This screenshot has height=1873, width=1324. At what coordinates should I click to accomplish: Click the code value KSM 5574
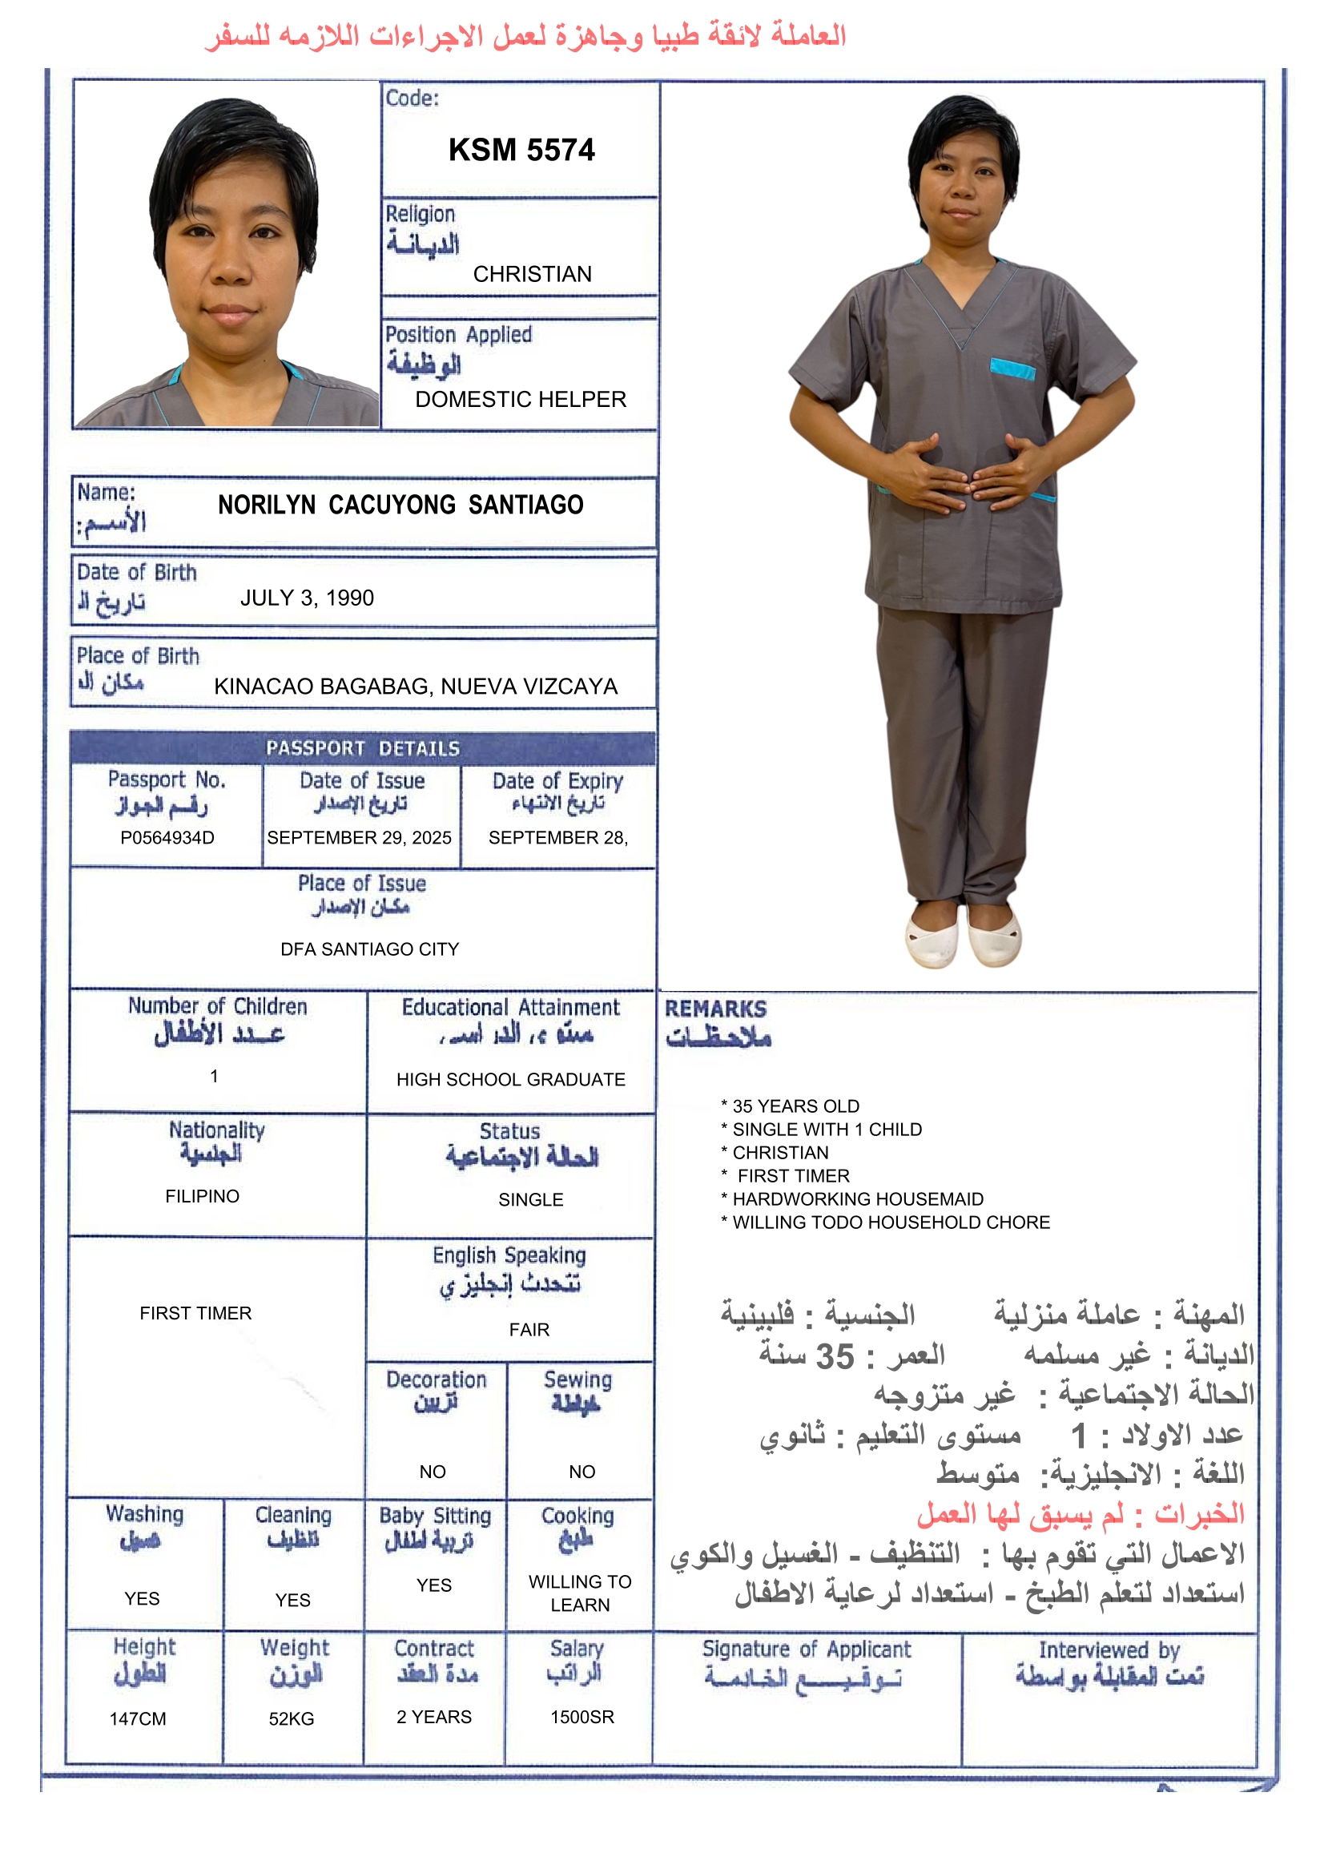(x=521, y=150)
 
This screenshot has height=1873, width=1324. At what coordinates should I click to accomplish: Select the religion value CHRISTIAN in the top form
(x=532, y=274)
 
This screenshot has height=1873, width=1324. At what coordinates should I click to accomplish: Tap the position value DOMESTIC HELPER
(x=521, y=399)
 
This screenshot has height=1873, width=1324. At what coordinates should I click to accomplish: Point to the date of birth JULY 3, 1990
(x=307, y=598)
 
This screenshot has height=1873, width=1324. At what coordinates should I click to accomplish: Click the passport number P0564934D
(x=167, y=838)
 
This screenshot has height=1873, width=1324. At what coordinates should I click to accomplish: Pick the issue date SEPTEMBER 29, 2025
(x=359, y=838)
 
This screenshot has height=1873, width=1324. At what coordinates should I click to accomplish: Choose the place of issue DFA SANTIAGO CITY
(x=369, y=949)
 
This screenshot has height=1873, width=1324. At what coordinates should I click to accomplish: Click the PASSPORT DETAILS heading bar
(x=363, y=748)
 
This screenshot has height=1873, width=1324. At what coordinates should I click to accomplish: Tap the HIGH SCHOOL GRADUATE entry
(x=511, y=1079)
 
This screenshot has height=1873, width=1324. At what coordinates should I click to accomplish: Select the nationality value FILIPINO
(x=203, y=1196)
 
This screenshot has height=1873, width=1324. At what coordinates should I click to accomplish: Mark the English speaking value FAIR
(x=529, y=1330)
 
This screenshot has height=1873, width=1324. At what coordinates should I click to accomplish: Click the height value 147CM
(x=138, y=1719)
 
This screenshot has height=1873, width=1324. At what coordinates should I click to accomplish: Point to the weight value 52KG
(x=292, y=1719)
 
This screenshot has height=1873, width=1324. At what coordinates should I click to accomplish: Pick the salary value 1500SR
(x=582, y=1718)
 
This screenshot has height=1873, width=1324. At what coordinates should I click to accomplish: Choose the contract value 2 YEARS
(x=434, y=1718)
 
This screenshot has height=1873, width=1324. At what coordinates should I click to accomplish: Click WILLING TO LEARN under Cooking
(x=580, y=1593)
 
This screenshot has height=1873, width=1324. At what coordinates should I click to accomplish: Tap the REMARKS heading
(x=715, y=1009)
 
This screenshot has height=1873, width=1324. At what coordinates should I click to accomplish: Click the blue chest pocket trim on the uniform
(x=1012, y=369)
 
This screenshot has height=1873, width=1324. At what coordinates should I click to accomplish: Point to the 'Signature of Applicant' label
(x=806, y=1649)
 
